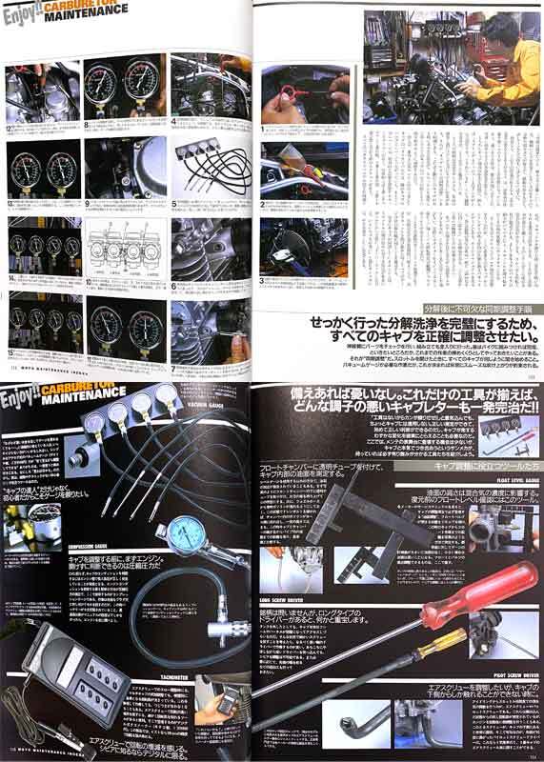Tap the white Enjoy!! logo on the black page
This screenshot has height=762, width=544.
point(24,392)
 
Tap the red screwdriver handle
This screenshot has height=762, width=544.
point(496,590)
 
